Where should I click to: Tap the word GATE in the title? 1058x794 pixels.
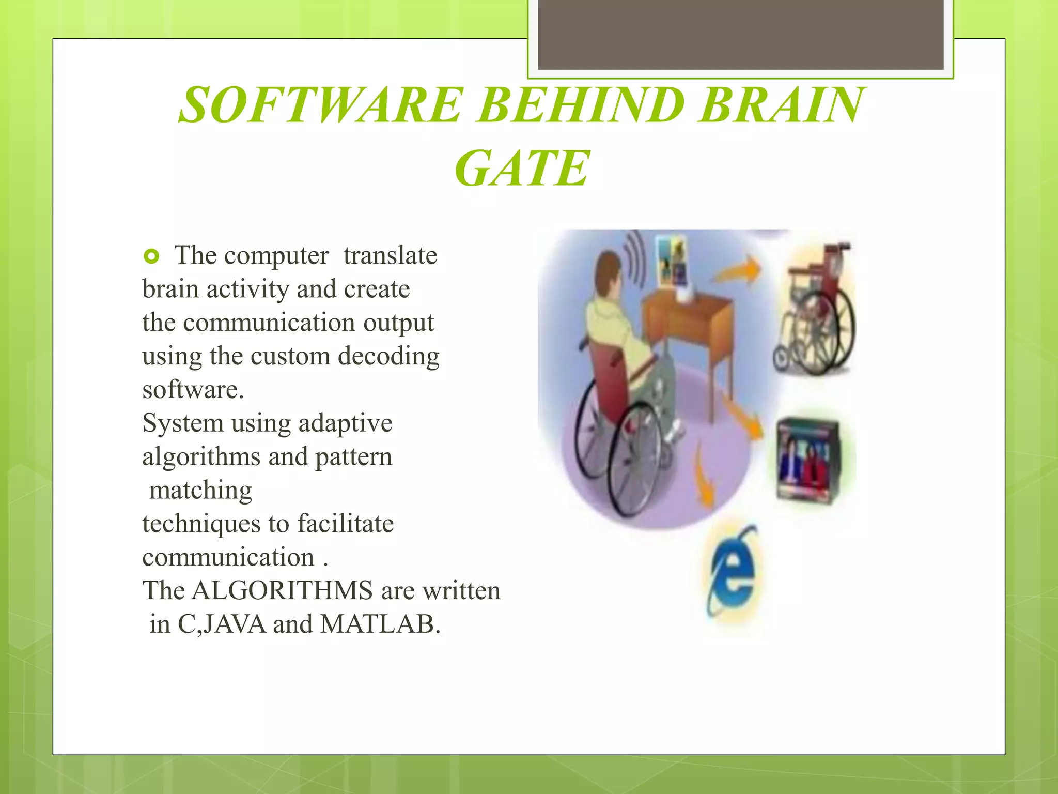(522, 169)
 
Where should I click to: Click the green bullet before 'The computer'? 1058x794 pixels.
(151, 256)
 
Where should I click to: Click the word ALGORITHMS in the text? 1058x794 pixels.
(282, 590)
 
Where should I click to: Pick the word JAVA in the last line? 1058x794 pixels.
(235, 624)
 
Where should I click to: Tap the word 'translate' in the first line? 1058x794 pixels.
(390, 255)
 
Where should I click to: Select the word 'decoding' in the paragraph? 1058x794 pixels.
(388, 356)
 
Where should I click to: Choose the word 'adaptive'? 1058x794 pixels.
(345, 423)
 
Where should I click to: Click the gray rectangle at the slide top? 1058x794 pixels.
(740, 35)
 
